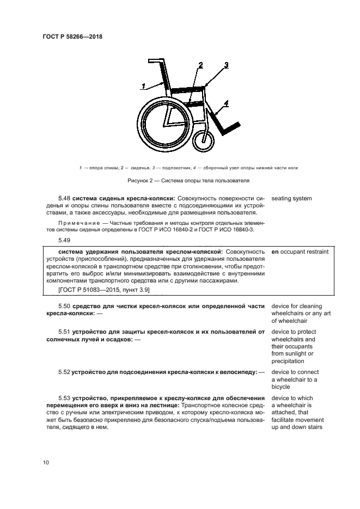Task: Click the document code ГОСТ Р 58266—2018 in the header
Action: click(x=72, y=37)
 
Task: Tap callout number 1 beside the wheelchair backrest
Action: click(x=143, y=85)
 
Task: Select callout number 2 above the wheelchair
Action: click(x=200, y=66)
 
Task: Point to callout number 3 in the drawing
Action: click(x=226, y=65)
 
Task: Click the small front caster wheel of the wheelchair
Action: click(x=204, y=140)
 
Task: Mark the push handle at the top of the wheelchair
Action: click(x=156, y=61)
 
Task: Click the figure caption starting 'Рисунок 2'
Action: click(x=180, y=181)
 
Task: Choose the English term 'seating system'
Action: click(x=291, y=199)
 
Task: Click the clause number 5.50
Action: click(x=64, y=306)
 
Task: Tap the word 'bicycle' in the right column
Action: click(x=282, y=387)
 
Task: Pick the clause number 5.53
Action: click(x=64, y=398)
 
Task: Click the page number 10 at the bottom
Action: click(x=46, y=463)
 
